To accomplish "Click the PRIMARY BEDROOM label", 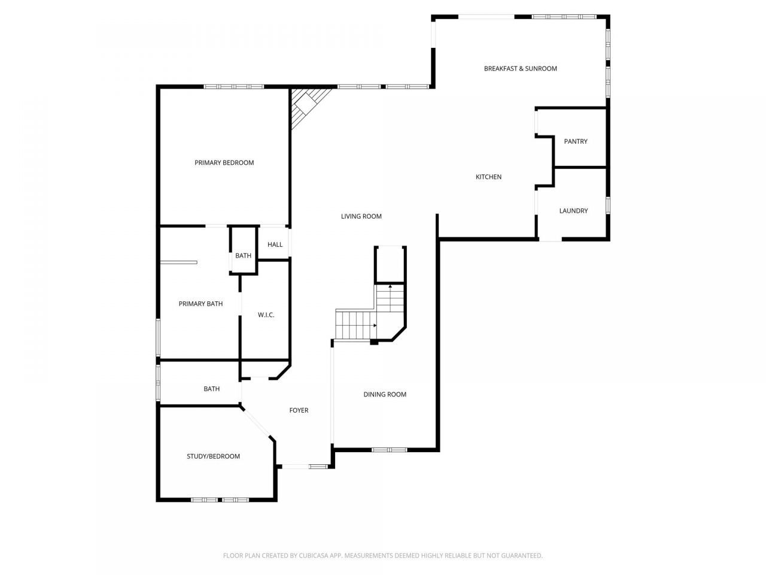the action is (x=224, y=163).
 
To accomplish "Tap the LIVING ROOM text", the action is (x=361, y=216).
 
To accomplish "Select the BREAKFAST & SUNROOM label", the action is (x=520, y=69).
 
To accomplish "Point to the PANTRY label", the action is (x=576, y=141).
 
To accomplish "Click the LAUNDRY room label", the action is (x=573, y=211).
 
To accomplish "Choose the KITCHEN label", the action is (x=488, y=177).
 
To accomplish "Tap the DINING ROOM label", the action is (x=385, y=395).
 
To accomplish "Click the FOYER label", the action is (x=299, y=410).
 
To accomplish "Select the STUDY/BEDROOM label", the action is (x=213, y=456).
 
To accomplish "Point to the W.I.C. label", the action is (x=266, y=315).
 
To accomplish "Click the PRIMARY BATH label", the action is (x=200, y=304).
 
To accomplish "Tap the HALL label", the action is (x=275, y=245).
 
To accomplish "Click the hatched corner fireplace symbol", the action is (x=306, y=105).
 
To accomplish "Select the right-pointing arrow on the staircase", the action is (x=375, y=325).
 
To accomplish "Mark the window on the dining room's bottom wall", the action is (x=389, y=450).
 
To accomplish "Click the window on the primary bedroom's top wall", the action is (x=234, y=87).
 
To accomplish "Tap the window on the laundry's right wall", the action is (x=607, y=205).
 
